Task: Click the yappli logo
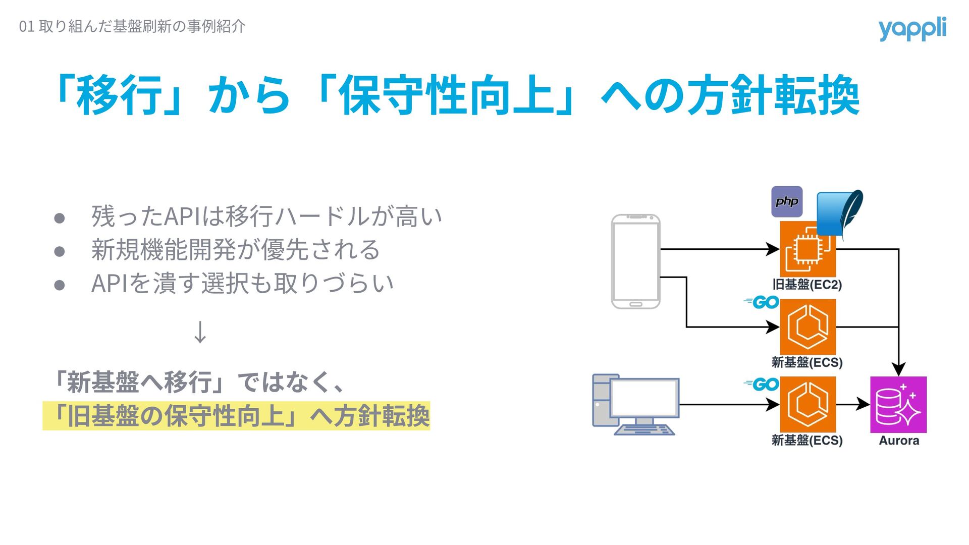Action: point(912,29)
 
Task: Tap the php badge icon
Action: point(787,202)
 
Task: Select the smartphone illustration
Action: point(635,261)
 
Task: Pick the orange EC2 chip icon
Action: point(807,249)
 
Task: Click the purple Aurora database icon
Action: point(898,405)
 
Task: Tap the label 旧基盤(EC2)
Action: point(807,285)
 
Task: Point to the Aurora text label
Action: point(899,441)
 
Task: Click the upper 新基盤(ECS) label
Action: point(807,362)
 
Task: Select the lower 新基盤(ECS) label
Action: point(807,441)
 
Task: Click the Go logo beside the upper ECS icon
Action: point(762,302)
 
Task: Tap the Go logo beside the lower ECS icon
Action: point(762,385)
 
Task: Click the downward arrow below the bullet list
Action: point(200,332)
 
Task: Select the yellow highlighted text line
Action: point(236,416)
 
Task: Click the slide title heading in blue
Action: point(457,95)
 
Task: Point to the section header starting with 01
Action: point(132,26)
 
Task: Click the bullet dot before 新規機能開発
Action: point(60,251)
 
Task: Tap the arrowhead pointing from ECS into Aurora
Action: point(864,404)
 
